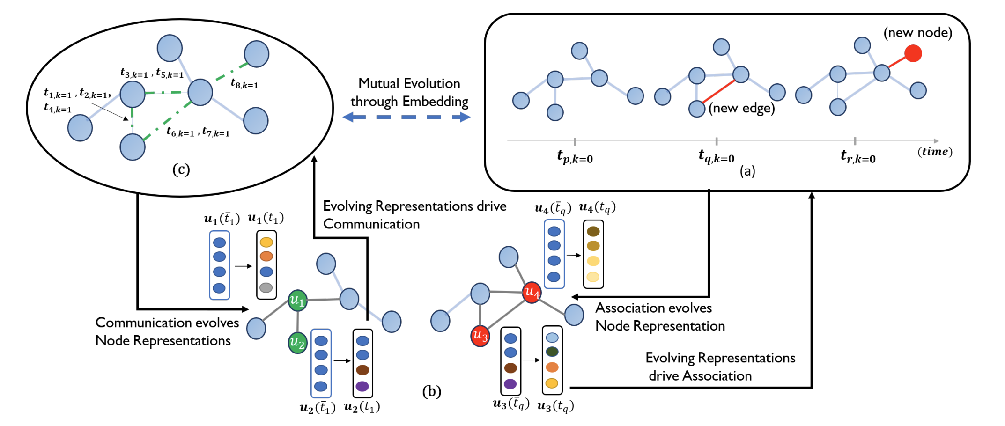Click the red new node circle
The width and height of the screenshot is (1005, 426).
913,53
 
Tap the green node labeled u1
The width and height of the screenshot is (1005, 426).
297,300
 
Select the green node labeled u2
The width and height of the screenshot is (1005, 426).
297,343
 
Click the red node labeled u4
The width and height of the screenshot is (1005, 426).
532,293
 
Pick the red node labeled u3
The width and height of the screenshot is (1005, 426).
480,336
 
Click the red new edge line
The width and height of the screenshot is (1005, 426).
718,91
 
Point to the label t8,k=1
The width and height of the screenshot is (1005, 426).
244,84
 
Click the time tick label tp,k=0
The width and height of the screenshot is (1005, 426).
575,157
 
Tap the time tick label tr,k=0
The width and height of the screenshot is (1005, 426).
857,157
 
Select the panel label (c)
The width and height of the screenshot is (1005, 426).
181,169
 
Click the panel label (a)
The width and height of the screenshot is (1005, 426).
747,171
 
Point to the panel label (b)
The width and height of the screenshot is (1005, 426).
431,391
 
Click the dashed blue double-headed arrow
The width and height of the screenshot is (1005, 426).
406,117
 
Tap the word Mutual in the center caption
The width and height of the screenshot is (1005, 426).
378,83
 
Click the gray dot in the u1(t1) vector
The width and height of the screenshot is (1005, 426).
266,287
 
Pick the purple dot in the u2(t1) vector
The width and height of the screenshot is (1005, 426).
362,386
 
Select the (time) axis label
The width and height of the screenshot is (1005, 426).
934,152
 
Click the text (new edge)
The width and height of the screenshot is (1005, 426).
741,108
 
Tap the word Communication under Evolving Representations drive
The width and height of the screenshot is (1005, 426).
371,224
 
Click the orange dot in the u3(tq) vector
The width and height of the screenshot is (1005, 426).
552,367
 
